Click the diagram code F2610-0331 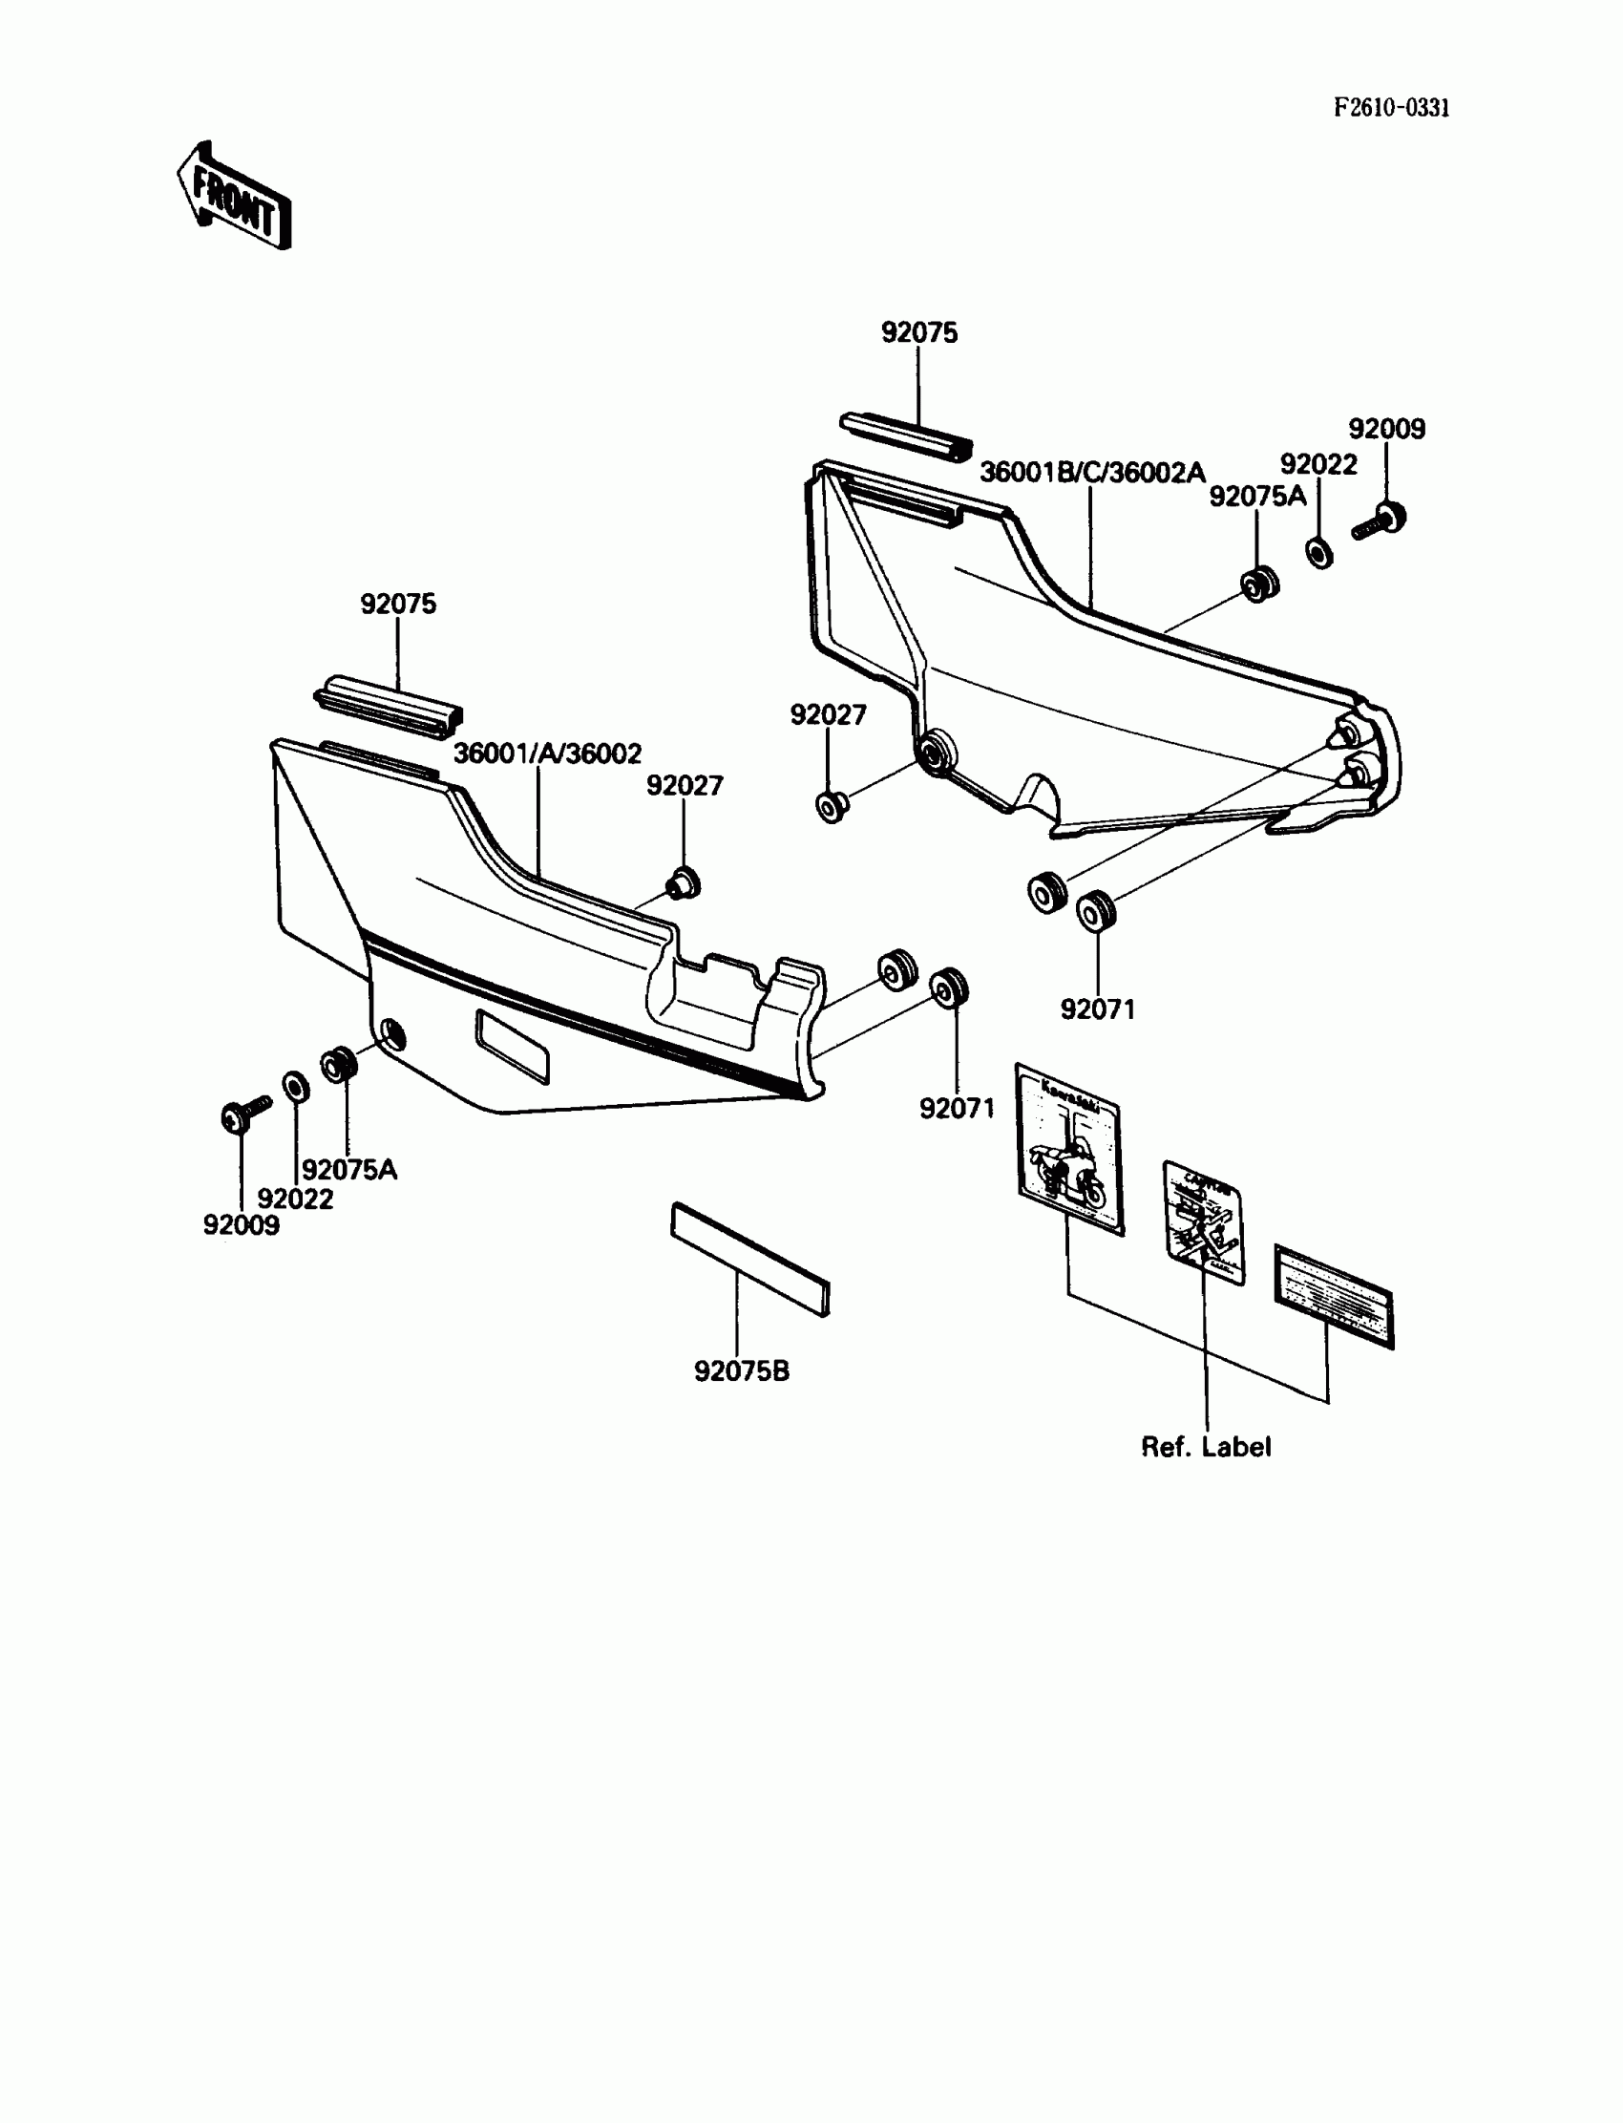1391,108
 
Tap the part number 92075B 741,1371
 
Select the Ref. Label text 1206,1447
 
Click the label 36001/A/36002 547,754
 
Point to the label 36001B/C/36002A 1092,473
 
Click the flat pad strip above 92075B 750,1258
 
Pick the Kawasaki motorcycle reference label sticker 1069,1149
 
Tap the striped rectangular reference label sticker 1334,1296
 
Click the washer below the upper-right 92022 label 1319,554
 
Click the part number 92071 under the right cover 1098,1008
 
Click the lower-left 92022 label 295,1199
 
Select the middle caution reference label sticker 1203,1223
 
